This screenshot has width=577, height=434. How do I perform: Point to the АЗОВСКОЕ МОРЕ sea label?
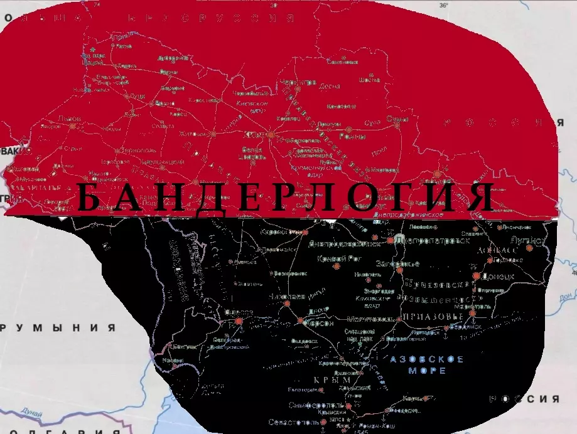point(427,364)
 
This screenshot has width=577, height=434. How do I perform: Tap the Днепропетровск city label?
point(434,240)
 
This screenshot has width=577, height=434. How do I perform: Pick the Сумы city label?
point(397,119)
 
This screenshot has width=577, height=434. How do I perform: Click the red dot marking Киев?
point(271,135)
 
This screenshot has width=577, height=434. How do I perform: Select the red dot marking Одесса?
point(239,321)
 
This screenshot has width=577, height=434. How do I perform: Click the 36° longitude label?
point(443,6)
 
